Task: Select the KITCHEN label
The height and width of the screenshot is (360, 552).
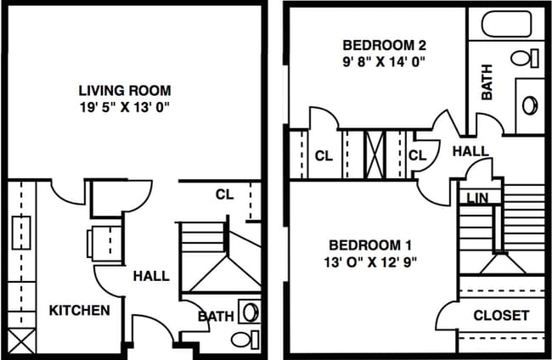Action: (78, 310)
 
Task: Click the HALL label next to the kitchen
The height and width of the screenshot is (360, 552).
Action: (150, 276)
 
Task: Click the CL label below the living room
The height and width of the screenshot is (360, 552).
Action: (223, 194)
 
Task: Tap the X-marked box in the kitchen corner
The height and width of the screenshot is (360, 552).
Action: (21, 340)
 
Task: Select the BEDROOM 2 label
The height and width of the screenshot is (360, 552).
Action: (384, 45)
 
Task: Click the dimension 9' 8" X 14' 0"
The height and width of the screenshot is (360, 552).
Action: (384, 61)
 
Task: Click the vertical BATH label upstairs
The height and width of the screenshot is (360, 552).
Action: (487, 85)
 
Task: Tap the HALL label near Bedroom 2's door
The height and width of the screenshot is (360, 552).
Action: (470, 151)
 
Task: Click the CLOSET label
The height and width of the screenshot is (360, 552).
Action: (501, 315)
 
